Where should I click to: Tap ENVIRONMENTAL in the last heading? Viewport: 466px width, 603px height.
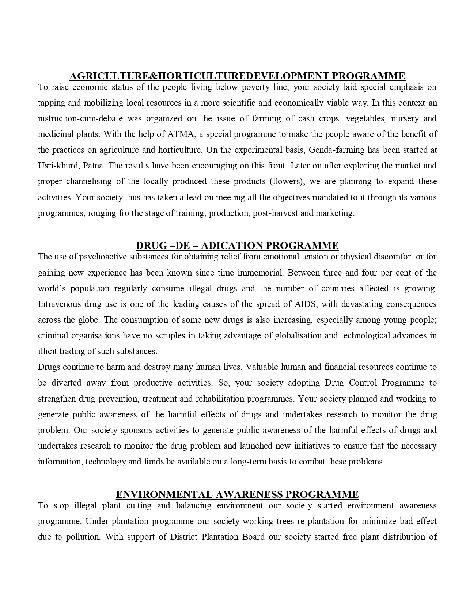(164, 494)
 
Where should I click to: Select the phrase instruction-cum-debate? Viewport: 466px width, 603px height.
(80, 118)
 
